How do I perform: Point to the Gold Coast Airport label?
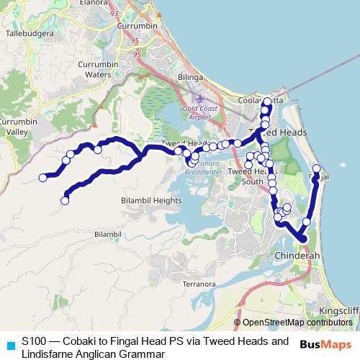[196, 112]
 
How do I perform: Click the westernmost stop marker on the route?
[43, 177]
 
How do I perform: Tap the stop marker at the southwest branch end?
[65, 201]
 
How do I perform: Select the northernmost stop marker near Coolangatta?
[268, 102]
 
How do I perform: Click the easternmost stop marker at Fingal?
[316, 169]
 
